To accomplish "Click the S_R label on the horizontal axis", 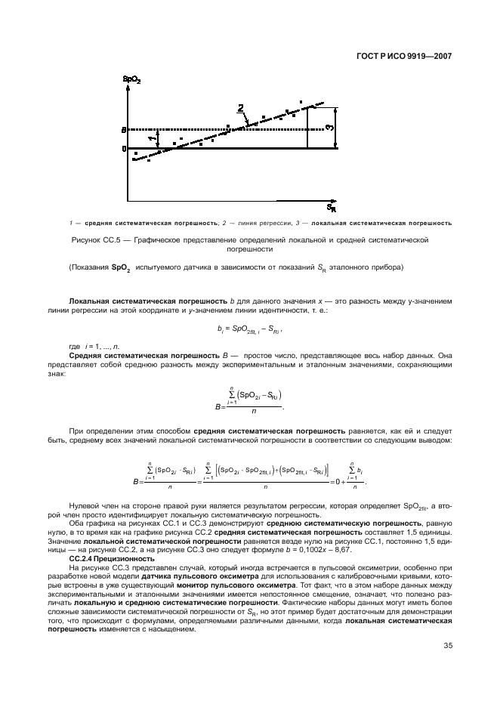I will click(x=331, y=207).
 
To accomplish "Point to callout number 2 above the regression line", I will click(x=241, y=109).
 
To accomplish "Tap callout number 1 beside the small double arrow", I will click(x=151, y=138).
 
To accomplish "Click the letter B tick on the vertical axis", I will click(x=123, y=131).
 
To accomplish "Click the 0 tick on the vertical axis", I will click(x=123, y=148).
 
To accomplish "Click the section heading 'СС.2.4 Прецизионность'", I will click(x=111, y=558).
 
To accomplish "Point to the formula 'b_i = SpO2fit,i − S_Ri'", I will click(x=249, y=329).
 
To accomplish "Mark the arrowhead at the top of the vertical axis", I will click(x=128, y=89).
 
